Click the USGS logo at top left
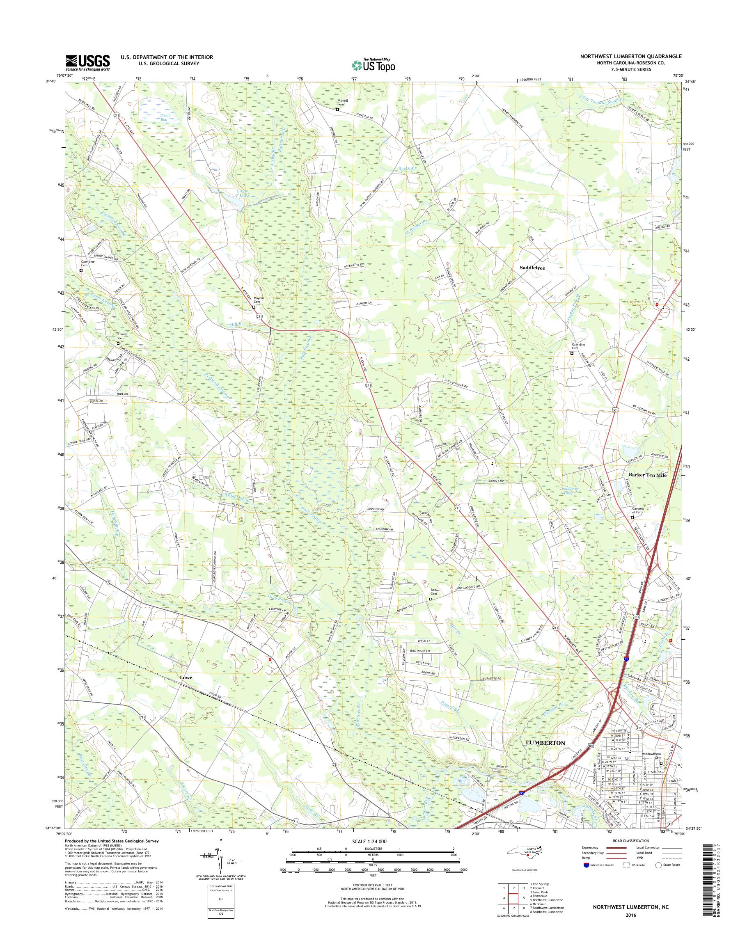[87, 62]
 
